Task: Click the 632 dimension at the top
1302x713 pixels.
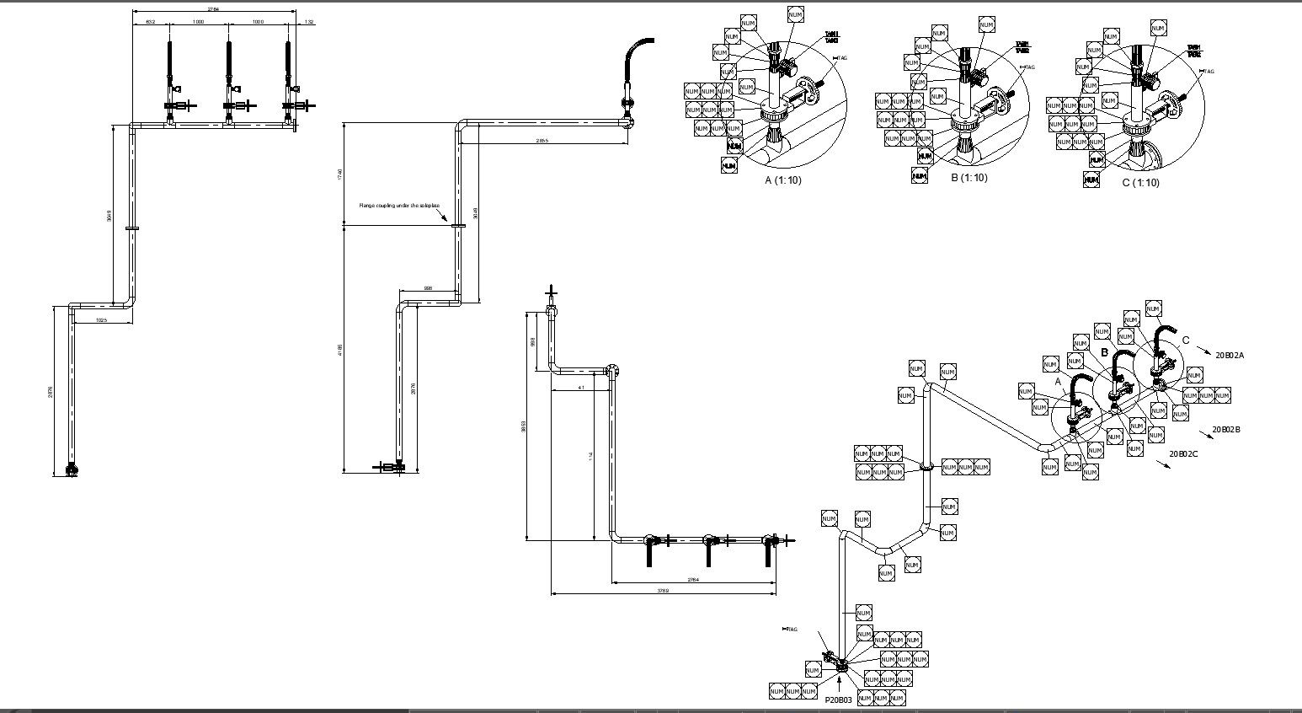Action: coord(150,22)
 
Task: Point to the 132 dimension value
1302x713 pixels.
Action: coord(308,22)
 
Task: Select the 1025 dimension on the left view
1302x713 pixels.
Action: coord(101,320)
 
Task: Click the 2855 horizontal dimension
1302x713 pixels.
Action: coord(542,141)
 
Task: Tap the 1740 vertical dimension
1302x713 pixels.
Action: coord(339,174)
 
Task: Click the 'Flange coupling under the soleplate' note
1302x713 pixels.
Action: coord(393,205)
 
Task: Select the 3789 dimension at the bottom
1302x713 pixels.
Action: coord(663,591)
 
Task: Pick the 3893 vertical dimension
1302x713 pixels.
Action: coord(523,426)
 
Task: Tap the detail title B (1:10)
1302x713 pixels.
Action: coord(968,178)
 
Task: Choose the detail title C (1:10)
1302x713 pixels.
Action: coord(1140,183)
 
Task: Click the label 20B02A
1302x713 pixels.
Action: coord(1229,356)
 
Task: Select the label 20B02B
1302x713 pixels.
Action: coord(1226,430)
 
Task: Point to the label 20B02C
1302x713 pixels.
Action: coord(1183,454)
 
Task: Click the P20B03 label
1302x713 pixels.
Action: coord(838,700)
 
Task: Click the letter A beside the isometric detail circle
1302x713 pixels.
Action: coord(1059,382)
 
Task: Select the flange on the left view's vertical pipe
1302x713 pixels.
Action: coord(132,228)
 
